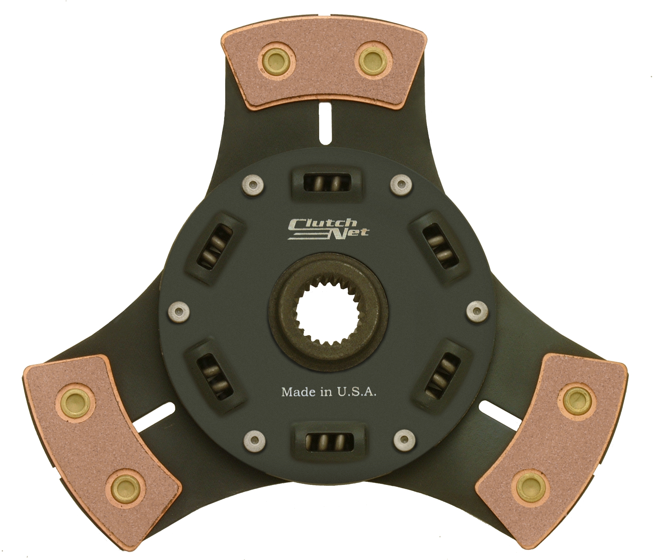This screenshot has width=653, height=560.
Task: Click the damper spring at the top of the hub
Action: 327,183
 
